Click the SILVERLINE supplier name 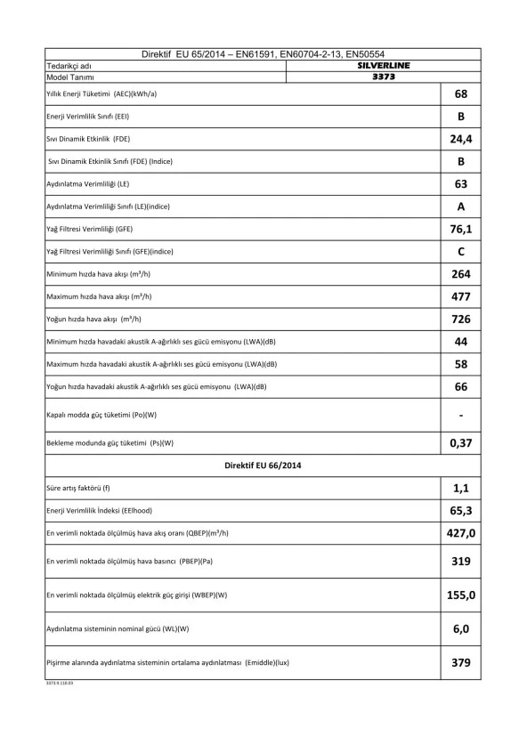click(383, 66)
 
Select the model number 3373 click(383, 77)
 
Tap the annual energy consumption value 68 click(461, 94)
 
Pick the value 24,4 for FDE click(461, 140)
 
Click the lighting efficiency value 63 click(461, 184)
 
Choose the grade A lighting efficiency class click(461, 206)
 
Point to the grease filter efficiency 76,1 click(461, 230)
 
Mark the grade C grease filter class click(461, 252)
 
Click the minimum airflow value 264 click(461, 274)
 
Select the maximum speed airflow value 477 click(461, 296)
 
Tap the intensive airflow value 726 click(461, 319)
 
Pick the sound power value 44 click(461, 342)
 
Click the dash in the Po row click(461, 415)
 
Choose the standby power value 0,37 click(461, 443)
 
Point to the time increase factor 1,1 click(461, 489)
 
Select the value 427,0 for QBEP click(461, 533)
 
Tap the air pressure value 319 click(461, 563)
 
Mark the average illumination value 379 click(461, 663)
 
